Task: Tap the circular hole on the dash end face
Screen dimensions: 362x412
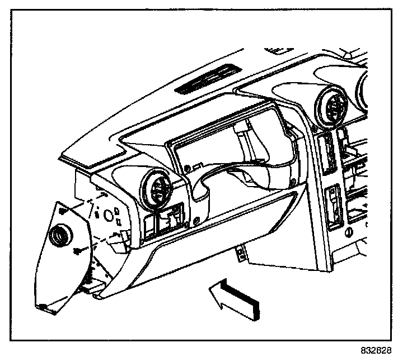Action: point(99,214)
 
